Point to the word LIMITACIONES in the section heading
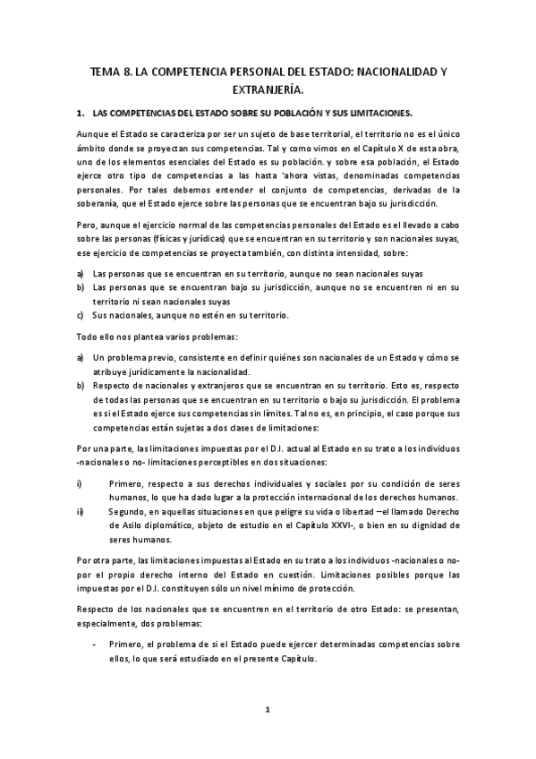[x=374, y=114]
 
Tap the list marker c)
[x=81, y=315]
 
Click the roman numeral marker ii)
[x=81, y=511]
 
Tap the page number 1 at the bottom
[x=267, y=709]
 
